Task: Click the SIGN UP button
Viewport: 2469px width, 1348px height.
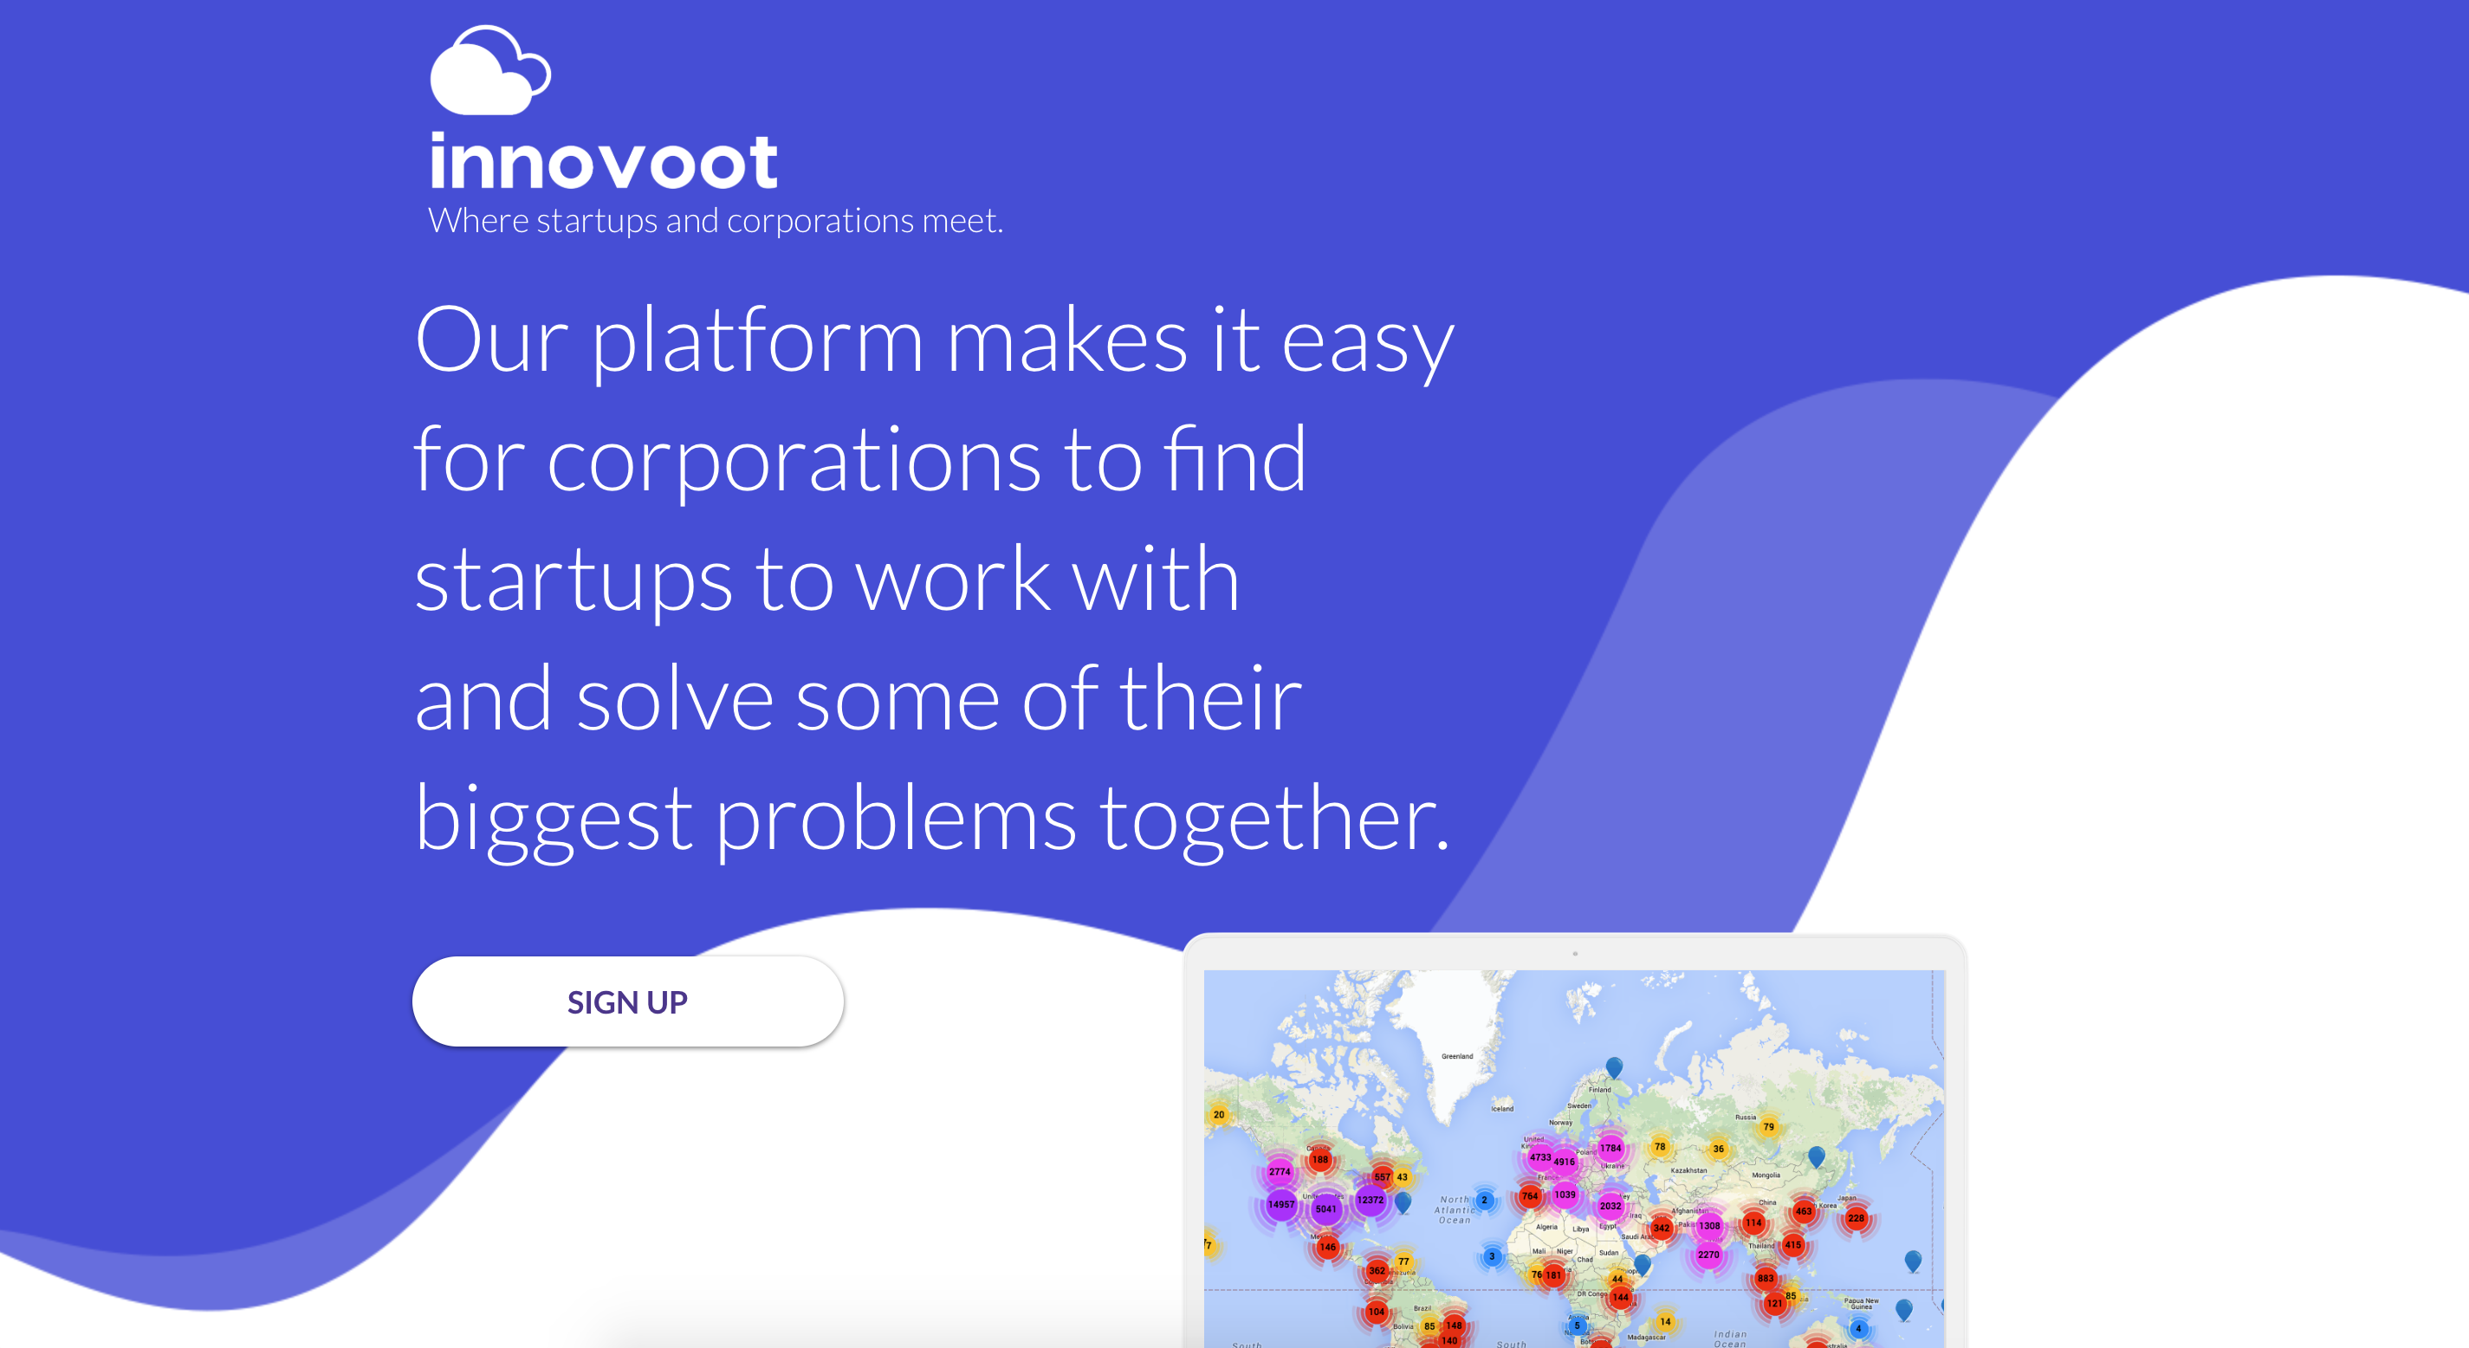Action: pos(628,1001)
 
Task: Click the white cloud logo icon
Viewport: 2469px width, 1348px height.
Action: pos(489,72)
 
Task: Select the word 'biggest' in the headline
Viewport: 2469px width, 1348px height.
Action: pos(553,820)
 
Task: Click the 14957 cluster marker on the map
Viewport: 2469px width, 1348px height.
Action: pos(1280,1204)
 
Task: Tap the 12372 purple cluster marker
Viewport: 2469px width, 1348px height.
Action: pos(1371,1199)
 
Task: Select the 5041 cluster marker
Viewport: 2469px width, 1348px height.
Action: pos(1325,1209)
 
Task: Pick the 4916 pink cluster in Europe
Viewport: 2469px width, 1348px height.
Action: pos(1565,1162)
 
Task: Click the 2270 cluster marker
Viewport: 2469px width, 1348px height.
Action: pos(1708,1254)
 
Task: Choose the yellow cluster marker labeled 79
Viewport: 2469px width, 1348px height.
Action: pos(1768,1126)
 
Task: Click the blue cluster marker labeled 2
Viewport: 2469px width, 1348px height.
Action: pos(1484,1199)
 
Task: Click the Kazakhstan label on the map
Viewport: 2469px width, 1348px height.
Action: pos(1688,1170)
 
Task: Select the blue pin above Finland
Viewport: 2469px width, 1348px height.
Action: pos(1614,1066)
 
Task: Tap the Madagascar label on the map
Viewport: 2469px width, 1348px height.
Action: pos(1646,1338)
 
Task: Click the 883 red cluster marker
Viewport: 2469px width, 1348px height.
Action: pos(1765,1278)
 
